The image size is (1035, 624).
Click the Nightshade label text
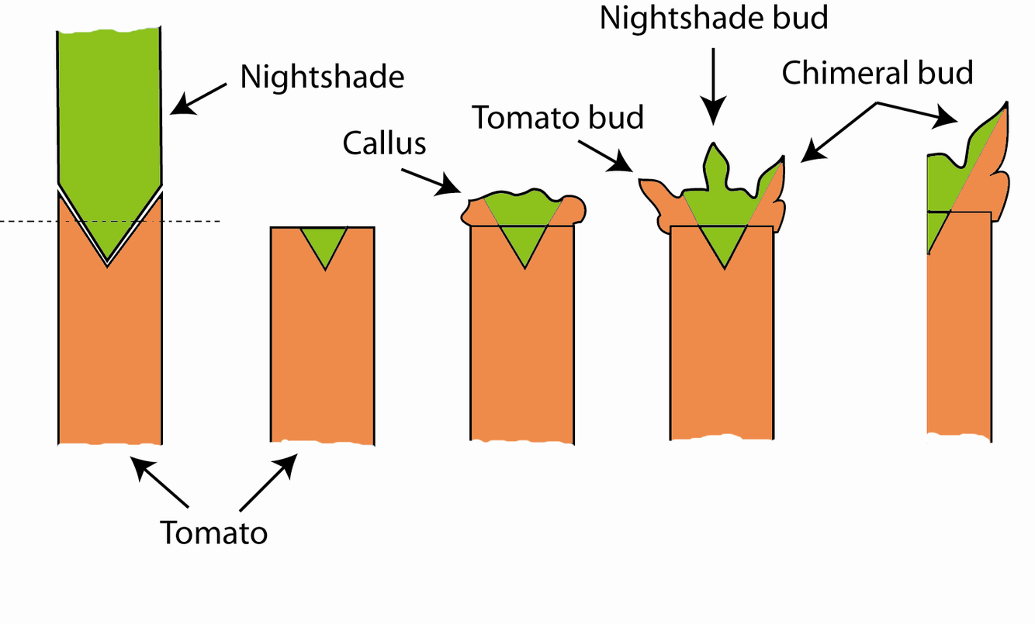321,78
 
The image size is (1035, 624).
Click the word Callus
384,143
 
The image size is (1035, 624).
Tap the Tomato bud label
559,118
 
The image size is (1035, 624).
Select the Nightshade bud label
714,18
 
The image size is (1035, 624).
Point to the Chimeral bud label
877,74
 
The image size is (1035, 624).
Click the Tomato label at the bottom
213,533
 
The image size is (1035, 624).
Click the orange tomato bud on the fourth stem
659,203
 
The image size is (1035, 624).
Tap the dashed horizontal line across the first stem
31,222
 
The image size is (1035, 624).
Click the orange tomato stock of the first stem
109,349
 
